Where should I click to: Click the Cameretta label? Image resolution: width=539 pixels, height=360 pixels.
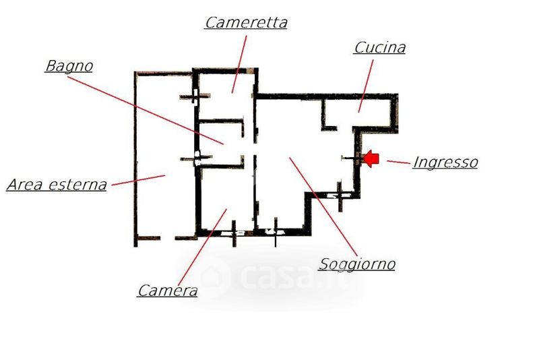(246, 23)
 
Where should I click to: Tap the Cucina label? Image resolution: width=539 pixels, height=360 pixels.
(380, 47)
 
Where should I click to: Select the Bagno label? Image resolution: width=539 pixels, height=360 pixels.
(69, 65)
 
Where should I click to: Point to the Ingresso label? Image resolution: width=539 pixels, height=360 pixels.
(445, 162)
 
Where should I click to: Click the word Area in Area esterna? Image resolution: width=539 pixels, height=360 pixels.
(25, 185)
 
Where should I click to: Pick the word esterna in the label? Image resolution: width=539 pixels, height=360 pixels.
(77, 185)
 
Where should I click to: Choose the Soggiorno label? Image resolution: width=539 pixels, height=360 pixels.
(357, 264)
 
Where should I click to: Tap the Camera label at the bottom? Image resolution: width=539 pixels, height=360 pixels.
(168, 291)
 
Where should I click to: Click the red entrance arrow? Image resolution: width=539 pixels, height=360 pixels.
(371, 158)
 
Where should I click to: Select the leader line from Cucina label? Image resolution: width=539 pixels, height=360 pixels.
(366, 86)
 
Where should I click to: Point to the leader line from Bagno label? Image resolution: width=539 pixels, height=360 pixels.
(146, 110)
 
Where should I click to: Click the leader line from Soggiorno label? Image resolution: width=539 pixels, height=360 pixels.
(323, 207)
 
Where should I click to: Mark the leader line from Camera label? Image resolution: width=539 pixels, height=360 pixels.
(203, 247)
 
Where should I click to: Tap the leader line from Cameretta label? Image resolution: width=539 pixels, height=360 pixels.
(239, 64)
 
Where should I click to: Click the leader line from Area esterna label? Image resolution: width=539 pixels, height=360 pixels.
(139, 180)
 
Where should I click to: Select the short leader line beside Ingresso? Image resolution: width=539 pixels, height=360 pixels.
(399, 162)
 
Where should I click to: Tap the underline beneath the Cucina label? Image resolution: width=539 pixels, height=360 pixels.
(379, 54)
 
